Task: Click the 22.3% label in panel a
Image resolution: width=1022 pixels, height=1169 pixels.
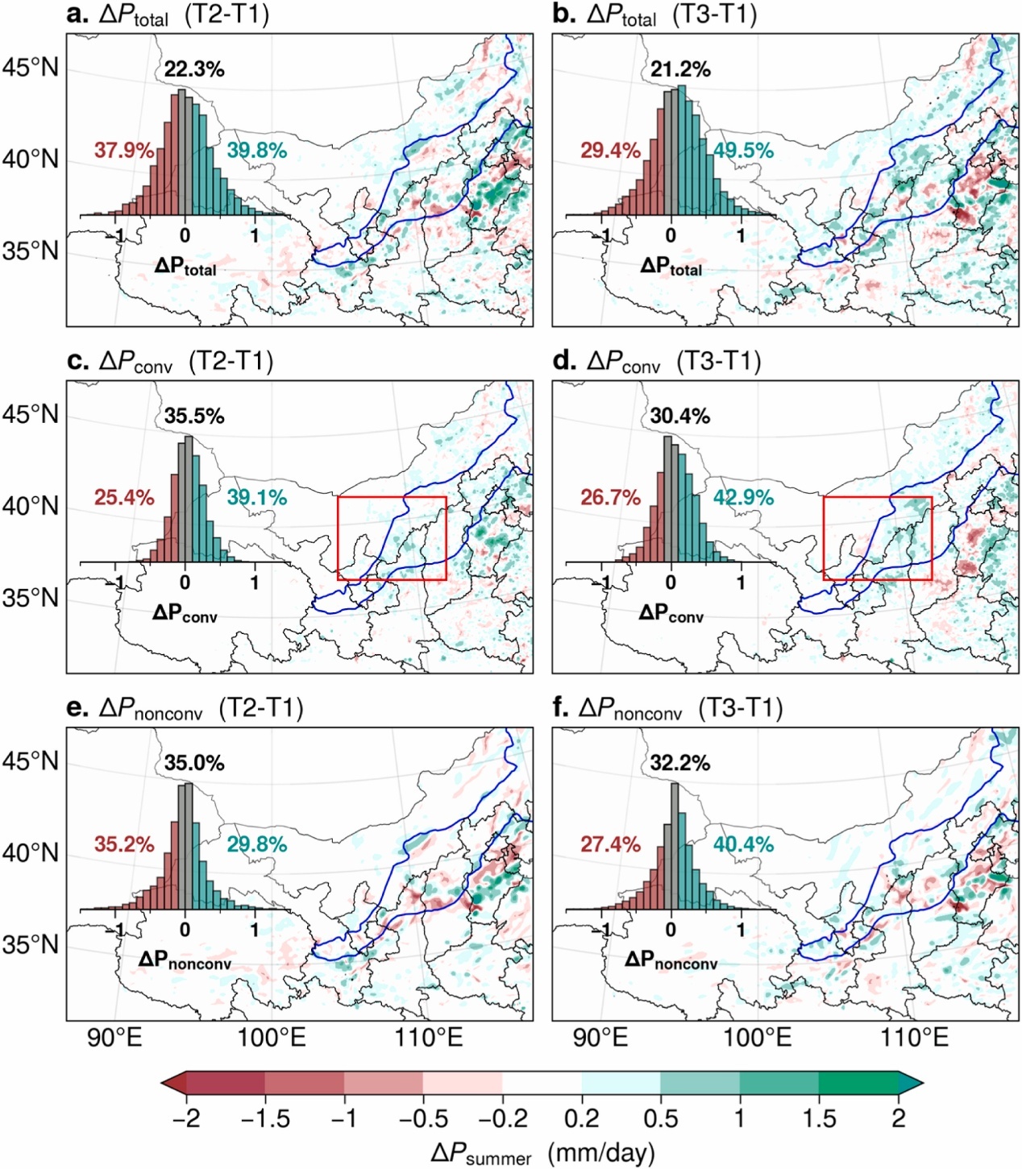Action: pos(194,69)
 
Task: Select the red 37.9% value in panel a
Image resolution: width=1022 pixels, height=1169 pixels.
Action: pos(124,151)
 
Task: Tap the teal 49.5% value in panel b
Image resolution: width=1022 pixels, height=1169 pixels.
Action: pos(743,151)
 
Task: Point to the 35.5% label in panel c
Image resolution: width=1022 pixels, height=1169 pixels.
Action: pos(194,417)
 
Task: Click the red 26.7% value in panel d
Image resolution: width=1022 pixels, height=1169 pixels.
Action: pos(610,498)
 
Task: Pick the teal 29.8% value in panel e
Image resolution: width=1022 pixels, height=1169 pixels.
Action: pos(256,844)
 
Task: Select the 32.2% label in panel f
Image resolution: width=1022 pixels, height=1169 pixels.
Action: pos(680,763)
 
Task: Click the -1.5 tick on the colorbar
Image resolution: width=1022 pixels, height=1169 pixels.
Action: pos(265,1118)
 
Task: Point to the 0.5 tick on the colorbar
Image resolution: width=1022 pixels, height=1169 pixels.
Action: pos(660,1118)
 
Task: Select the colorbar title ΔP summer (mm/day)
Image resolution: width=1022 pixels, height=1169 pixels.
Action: pos(542,1154)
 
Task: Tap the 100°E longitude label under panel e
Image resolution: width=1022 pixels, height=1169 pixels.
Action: pos(272,1037)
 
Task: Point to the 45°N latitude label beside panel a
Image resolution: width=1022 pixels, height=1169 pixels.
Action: pos(31,68)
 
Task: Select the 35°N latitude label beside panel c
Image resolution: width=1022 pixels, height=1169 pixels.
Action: pos(31,599)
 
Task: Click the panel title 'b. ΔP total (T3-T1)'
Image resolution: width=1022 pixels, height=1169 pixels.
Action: pos(654,16)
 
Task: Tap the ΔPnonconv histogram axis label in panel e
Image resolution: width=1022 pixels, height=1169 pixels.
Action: pos(185,960)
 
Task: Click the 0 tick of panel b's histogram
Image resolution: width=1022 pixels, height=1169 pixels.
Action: pos(671,236)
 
